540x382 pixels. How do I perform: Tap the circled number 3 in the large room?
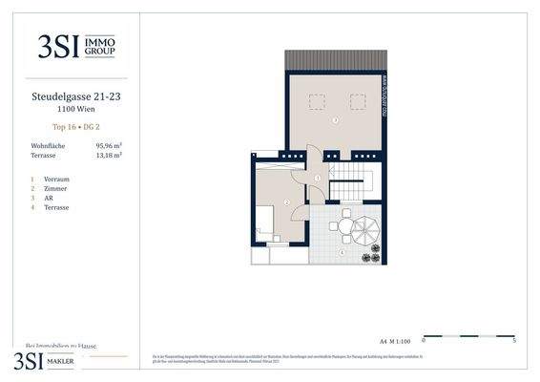335,120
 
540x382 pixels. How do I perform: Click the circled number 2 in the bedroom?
286,202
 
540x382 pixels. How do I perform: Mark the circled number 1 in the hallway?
317,179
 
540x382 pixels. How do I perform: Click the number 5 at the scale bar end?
515,339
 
